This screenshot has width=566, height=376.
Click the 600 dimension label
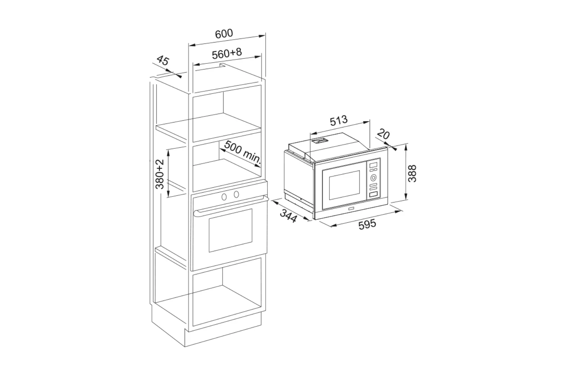(x=224, y=34)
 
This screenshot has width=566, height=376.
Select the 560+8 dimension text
(x=227, y=53)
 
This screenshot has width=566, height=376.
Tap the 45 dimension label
(x=163, y=61)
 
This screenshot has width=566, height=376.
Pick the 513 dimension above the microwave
(x=339, y=121)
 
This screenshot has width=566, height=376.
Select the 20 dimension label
(x=383, y=134)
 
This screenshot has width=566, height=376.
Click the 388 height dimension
(x=412, y=173)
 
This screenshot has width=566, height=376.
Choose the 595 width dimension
(x=367, y=224)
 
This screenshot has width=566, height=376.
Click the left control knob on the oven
(x=224, y=196)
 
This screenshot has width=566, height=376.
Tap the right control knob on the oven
(x=236, y=194)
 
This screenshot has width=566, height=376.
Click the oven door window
(x=230, y=230)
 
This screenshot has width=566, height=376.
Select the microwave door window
(x=344, y=185)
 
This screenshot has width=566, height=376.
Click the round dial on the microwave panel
(x=373, y=178)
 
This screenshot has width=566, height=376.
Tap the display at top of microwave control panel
(x=373, y=165)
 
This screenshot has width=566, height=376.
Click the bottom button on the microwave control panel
(x=374, y=194)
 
